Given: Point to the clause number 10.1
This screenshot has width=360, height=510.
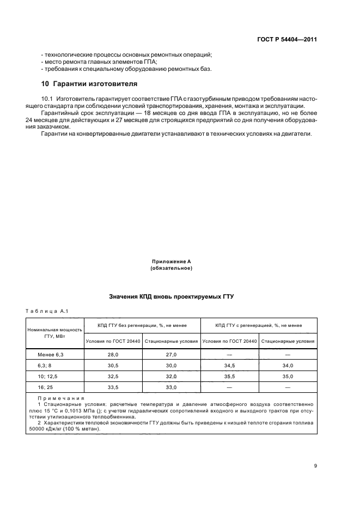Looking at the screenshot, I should [47, 98].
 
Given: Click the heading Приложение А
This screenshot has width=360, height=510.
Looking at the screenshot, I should [171, 262].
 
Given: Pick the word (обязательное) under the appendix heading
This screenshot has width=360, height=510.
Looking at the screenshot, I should [171, 268].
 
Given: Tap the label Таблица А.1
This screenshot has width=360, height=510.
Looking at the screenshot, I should [46, 311].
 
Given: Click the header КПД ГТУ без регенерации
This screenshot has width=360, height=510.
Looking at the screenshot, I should [142, 325].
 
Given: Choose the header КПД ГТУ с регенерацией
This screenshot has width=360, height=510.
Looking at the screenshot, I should [259, 325].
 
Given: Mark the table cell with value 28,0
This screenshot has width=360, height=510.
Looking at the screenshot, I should [113, 354].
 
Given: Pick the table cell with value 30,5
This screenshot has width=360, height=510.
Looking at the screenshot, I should [113, 365].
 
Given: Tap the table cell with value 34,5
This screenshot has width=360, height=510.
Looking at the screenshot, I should [229, 365].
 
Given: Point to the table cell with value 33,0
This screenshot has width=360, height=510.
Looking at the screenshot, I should [172, 387].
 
